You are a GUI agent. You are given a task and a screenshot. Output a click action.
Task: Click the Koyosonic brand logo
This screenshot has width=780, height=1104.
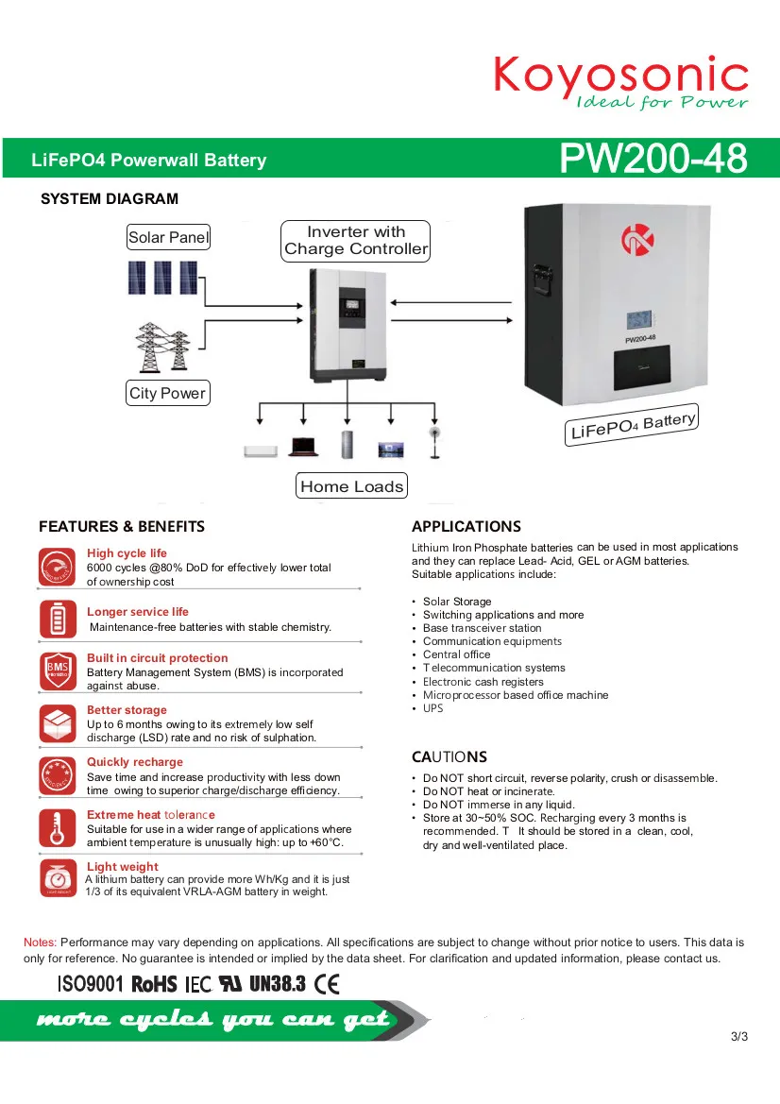click(x=621, y=82)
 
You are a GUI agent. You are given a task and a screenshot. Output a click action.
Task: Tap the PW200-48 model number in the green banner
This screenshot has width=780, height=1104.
click(x=653, y=158)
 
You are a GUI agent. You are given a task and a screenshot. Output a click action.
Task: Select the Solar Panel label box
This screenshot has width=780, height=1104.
click(x=168, y=237)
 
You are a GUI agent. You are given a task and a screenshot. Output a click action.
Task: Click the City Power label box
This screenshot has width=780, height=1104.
click(x=167, y=393)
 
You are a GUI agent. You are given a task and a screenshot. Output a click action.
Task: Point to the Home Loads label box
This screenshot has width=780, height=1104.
click(x=351, y=485)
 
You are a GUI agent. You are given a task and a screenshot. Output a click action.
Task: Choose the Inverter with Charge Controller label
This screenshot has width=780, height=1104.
click(x=355, y=241)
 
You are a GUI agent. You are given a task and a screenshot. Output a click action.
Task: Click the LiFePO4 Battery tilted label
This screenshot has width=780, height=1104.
click(x=632, y=424)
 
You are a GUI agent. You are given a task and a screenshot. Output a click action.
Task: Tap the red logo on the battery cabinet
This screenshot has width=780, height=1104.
click(x=637, y=239)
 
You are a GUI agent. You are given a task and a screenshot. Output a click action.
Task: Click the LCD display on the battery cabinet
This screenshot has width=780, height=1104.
click(x=640, y=320)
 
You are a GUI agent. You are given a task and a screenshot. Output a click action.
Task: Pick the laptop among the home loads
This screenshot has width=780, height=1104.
click(x=304, y=447)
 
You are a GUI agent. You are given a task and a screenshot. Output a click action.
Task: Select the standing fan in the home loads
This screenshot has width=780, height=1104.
click(x=435, y=442)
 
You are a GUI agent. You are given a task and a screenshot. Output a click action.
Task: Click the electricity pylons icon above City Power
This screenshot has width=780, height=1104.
click(x=162, y=348)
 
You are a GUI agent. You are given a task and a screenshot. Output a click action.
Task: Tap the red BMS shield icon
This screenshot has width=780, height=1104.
click(x=58, y=671)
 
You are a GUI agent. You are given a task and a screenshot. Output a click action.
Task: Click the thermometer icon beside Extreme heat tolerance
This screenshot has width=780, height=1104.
click(x=58, y=827)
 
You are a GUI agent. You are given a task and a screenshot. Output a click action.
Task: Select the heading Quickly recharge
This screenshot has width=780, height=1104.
click(x=134, y=762)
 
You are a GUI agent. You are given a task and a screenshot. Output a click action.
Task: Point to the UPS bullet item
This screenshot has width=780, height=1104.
click(x=432, y=708)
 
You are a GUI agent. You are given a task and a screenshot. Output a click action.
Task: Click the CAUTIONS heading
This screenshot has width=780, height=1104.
click(x=449, y=756)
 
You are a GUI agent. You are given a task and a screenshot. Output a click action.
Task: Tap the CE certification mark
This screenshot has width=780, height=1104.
click(x=327, y=984)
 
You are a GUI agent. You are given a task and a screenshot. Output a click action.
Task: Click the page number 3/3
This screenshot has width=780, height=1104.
click(x=739, y=1036)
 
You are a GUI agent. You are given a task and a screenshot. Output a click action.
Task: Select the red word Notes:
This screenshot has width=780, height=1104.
click(x=40, y=943)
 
